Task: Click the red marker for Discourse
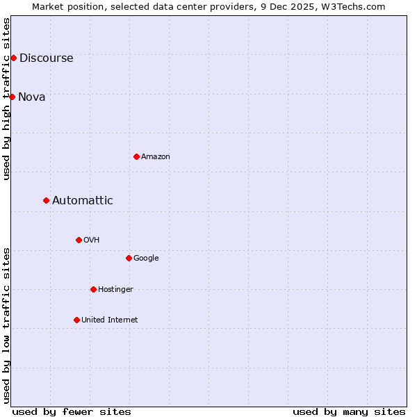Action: click(x=13, y=58)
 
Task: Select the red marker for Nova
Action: click(x=12, y=97)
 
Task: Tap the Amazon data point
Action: click(x=136, y=156)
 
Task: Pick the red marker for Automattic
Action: click(x=46, y=200)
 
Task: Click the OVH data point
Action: click(x=79, y=240)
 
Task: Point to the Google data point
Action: click(x=129, y=258)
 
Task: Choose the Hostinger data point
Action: click(x=93, y=289)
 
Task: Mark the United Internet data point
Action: click(x=76, y=320)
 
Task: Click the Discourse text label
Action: click(x=47, y=58)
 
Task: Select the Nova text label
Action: click(x=32, y=97)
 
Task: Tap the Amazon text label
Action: click(x=156, y=157)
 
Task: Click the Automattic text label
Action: click(x=83, y=201)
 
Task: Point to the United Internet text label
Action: click(x=110, y=320)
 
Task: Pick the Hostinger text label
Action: click(x=115, y=290)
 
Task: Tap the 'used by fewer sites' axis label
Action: click(x=72, y=411)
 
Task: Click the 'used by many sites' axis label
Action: click(x=349, y=411)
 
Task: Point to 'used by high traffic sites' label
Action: click(x=7, y=99)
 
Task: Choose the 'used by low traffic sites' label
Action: click(x=7, y=325)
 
